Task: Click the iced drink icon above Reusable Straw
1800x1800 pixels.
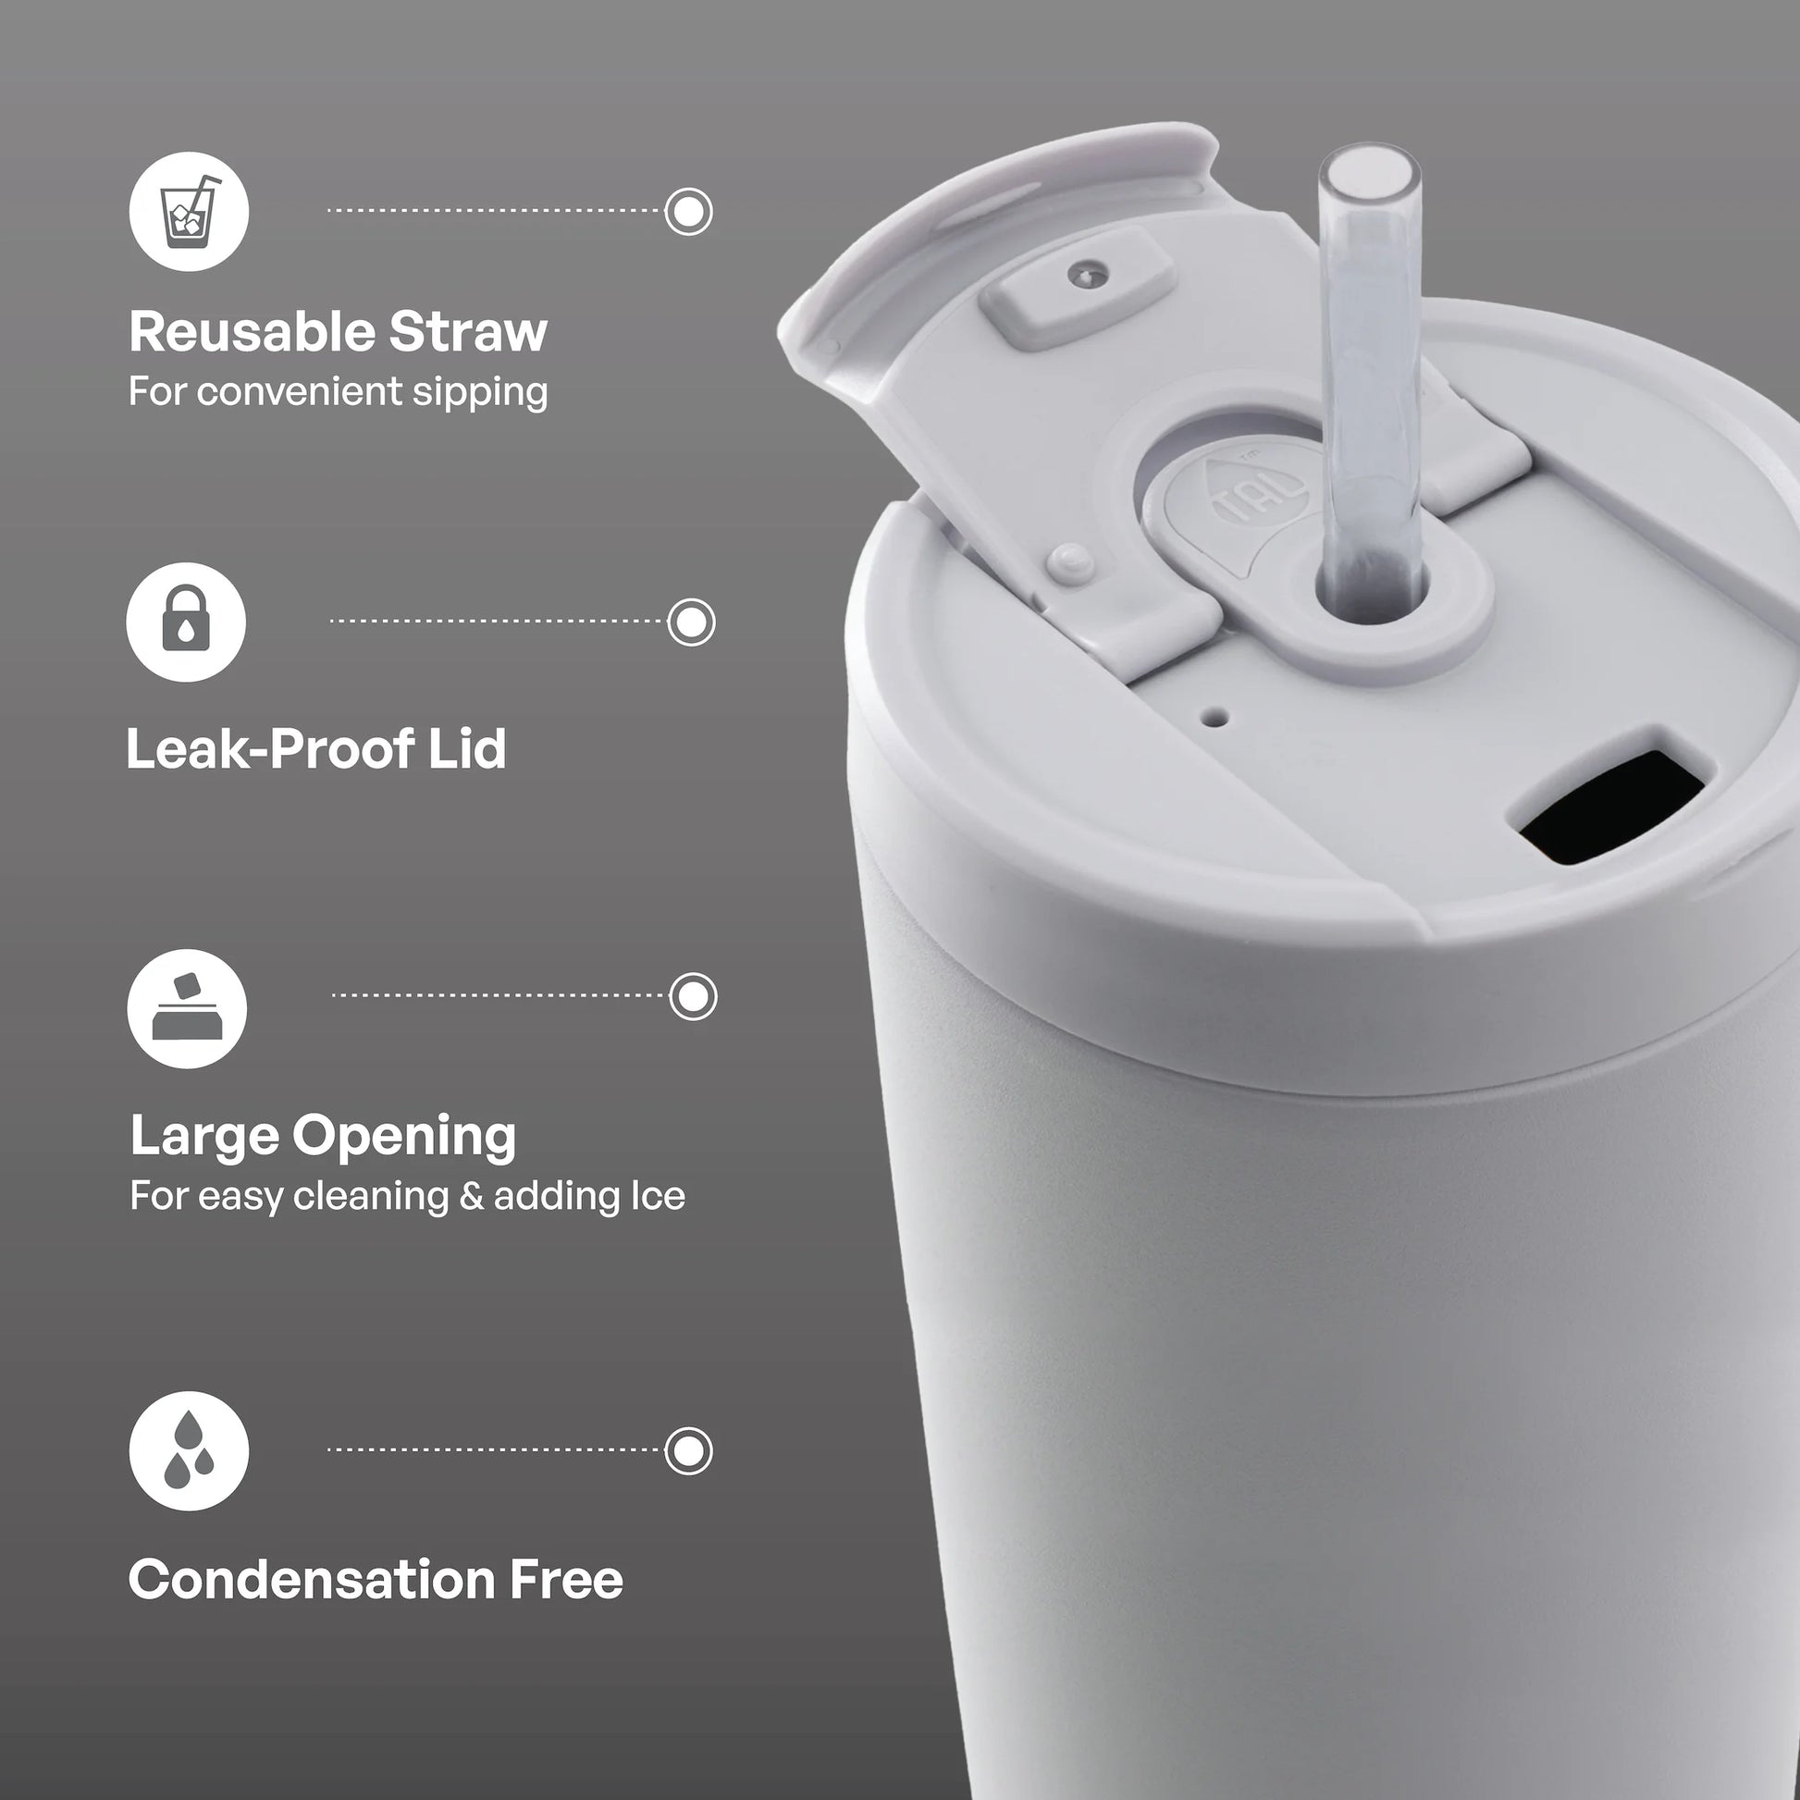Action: click(189, 212)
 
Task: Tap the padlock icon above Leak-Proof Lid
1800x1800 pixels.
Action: click(186, 622)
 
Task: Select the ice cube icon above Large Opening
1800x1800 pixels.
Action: click(187, 1009)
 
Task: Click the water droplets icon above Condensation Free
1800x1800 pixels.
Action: click(189, 1450)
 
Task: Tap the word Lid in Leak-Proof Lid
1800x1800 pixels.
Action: click(467, 748)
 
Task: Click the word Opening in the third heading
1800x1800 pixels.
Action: click(404, 1138)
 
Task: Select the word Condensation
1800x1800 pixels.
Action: click(311, 1579)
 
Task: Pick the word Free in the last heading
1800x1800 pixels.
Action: click(566, 1579)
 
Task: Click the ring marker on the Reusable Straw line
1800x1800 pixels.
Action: click(688, 212)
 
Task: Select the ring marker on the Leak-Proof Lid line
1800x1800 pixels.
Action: click(691, 623)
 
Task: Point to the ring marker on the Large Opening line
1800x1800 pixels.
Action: click(693, 996)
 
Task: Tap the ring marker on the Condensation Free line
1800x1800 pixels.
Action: click(688, 1450)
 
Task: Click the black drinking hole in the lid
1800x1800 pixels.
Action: click(1613, 806)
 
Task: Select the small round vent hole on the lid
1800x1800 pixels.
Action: click(1214, 718)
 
